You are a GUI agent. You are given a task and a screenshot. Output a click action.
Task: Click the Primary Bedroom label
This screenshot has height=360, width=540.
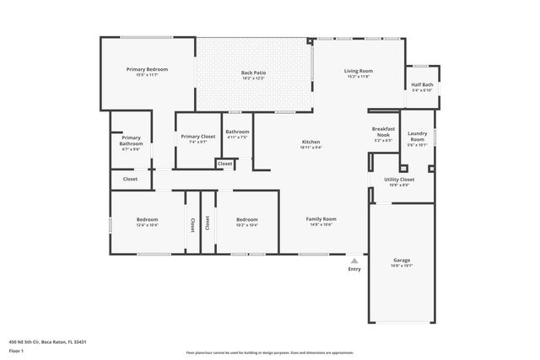pos(147,69)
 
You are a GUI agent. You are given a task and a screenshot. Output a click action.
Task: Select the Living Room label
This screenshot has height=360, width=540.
pos(359,71)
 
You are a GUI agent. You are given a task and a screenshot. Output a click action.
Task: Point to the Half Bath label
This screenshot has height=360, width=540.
pos(421,84)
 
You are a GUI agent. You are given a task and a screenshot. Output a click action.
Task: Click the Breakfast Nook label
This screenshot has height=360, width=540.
pos(383,132)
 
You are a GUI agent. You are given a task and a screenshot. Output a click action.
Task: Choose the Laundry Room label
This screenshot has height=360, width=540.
pos(417,137)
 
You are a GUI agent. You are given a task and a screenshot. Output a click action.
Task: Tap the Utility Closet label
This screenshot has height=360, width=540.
pos(399,180)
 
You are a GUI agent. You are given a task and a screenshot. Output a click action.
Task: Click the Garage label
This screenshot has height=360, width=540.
pos(402,261)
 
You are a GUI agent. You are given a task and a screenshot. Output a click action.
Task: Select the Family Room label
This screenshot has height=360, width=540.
pos(321,219)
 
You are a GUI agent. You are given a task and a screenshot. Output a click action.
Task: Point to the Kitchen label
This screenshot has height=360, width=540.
pos(310,141)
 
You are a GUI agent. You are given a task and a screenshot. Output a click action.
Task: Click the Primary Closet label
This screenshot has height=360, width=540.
pos(197,136)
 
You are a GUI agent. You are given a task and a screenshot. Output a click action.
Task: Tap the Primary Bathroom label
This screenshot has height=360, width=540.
pos(131,141)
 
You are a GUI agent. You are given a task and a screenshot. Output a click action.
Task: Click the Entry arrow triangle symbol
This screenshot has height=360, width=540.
pos(354,261)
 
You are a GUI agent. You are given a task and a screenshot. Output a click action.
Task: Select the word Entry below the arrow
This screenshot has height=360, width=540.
pos(354,269)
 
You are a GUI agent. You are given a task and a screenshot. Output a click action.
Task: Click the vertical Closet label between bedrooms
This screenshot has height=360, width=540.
pos(193,223)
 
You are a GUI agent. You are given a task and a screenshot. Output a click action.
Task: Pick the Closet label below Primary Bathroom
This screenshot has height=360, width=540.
pos(131,179)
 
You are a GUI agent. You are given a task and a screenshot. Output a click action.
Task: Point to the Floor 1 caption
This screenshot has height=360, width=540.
pos(16,350)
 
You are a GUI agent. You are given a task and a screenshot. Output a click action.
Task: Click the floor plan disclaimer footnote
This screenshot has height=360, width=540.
pos(270,352)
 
